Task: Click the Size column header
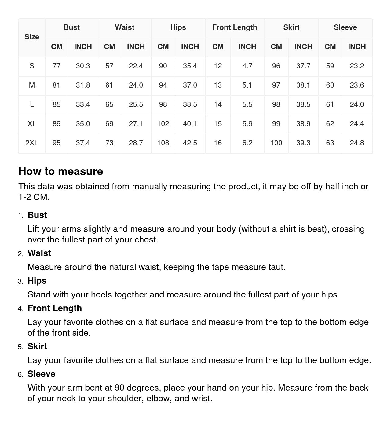(x=32, y=37)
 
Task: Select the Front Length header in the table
(x=235, y=27)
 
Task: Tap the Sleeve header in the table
(x=345, y=27)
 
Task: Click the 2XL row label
(x=32, y=143)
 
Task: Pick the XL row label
(x=32, y=124)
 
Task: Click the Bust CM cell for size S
(x=57, y=66)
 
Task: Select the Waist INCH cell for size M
(x=136, y=85)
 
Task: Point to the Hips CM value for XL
(x=163, y=124)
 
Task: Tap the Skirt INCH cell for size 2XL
(x=303, y=143)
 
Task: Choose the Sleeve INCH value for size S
(x=357, y=66)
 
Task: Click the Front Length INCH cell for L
(x=247, y=104)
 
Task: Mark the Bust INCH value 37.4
(x=83, y=143)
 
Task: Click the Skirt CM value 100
(x=276, y=143)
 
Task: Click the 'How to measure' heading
(x=61, y=171)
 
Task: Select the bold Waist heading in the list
(x=39, y=253)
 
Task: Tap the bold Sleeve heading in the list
(x=41, y=374)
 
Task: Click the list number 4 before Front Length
(x=20, y=309)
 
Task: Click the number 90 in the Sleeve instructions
(x=119, y=388)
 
